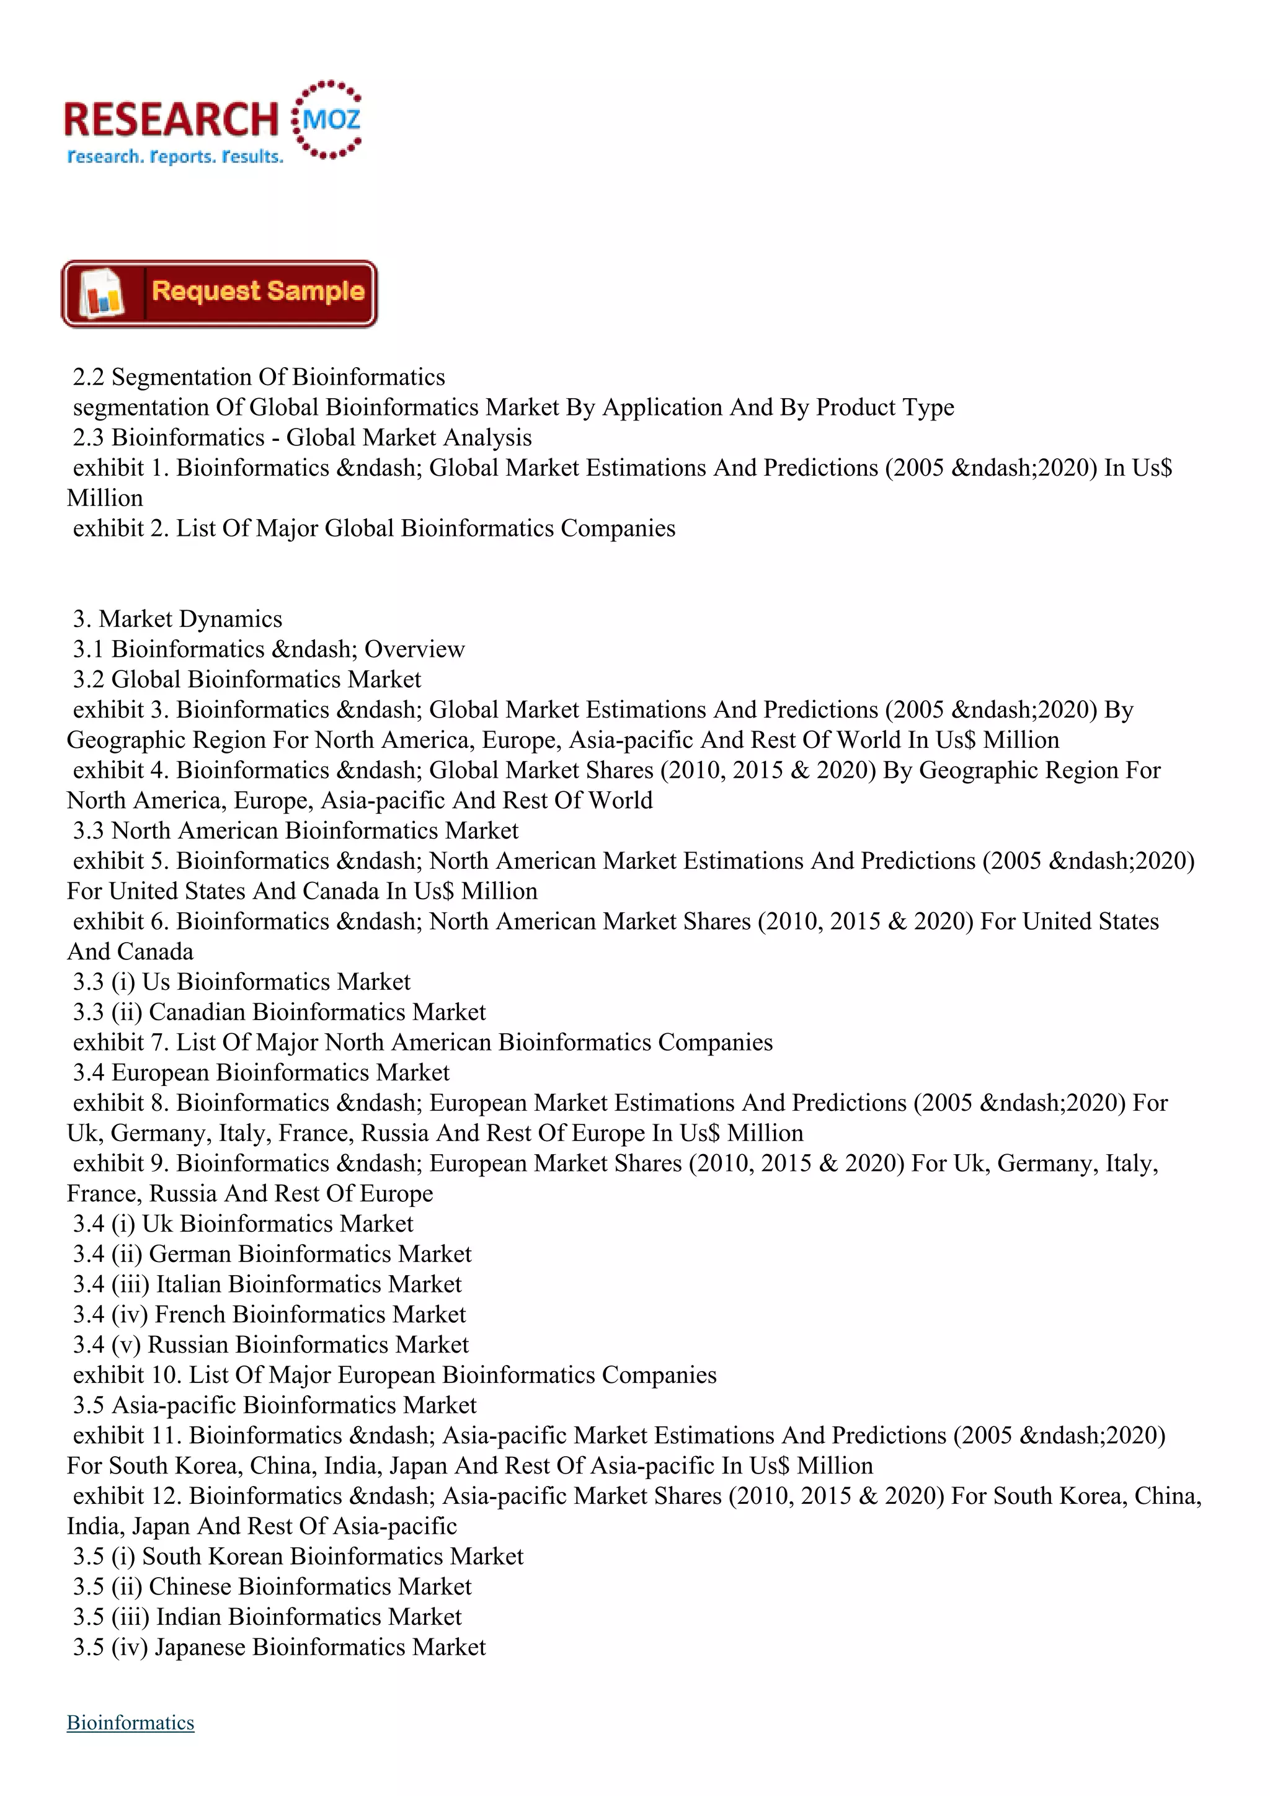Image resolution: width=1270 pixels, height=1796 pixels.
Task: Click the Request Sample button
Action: coord(219,294)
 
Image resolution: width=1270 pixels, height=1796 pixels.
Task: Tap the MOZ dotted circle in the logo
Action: coord(327,120)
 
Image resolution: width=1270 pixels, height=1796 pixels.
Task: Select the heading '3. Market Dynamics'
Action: coord(177,619)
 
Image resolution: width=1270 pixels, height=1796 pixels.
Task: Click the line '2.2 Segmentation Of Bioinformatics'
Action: coord(259,377)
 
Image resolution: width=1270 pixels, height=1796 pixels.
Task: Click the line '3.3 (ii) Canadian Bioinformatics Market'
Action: coord(279,1012)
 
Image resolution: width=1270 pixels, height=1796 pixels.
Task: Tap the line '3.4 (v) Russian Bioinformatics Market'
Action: coord(270,1345)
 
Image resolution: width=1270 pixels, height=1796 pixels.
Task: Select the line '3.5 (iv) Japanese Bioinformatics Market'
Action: coord(279,1647)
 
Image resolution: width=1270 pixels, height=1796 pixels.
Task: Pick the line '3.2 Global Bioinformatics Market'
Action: coord(247,679)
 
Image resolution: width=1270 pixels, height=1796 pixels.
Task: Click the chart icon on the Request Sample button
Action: coord(102,294)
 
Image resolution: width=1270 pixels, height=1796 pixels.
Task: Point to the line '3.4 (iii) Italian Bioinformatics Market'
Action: coord(267,1284)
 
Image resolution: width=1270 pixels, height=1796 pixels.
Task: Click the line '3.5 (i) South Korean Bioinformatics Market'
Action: coord(298,1556)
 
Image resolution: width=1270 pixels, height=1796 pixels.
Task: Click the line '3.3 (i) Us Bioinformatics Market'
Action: coord(242,982)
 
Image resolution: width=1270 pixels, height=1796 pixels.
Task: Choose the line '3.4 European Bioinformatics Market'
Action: coord(261,1072)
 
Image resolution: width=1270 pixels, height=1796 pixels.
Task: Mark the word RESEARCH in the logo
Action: coord(171,120)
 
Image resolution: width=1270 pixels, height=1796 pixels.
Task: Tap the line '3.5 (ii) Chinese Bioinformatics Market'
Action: coord(272,1586)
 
